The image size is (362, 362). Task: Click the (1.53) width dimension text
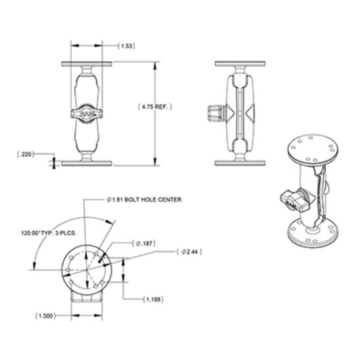pos(127,46)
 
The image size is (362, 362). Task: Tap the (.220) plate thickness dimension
pos(26,155)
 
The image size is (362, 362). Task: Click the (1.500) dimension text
pos(44,316)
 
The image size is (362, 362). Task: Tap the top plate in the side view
pos(242,65)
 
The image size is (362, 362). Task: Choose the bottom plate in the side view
pos(242,161)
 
